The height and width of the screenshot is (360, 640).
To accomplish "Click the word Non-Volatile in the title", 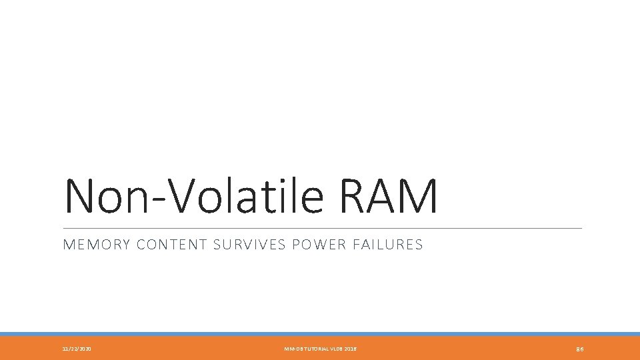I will tap(194, 195).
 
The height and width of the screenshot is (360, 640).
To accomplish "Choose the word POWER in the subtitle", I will tap(316, 245).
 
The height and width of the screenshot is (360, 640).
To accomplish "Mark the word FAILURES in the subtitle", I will tap(390, 245).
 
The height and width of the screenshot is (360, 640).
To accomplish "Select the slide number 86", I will tap(580, 349).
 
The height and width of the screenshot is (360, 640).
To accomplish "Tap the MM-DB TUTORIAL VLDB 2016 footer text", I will tap(321, 349).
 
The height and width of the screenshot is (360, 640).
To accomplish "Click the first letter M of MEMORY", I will tap(67, 245).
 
